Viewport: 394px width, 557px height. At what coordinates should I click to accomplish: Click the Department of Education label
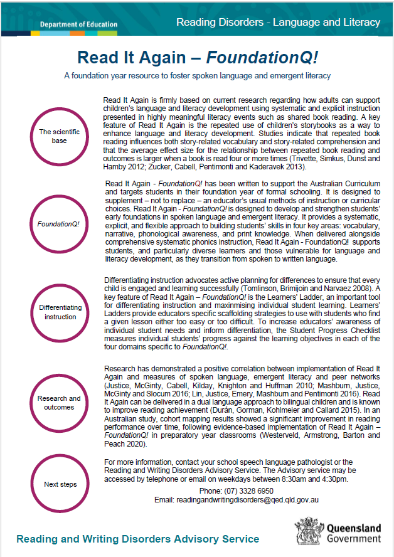tap(78, 25)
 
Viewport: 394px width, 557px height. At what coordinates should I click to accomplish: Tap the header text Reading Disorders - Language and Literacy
tap(278, 23)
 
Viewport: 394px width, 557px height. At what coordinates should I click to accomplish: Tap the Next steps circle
tap(60, 484)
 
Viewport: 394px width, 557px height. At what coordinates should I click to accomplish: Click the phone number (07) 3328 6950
tap(236, 490)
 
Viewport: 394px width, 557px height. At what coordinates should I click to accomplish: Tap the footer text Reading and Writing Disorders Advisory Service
tap(137, 539)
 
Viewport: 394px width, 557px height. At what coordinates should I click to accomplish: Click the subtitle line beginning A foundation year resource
tap(197, 76)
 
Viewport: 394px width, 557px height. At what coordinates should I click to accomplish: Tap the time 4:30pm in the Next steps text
tap(334, 479)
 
